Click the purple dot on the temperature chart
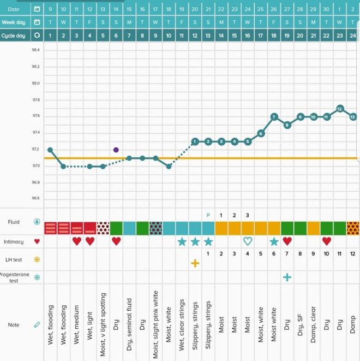tap(116, 150)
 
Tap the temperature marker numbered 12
tap(340, 108)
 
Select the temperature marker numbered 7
tap(274, 116)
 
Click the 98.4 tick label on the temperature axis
tap(35, 50)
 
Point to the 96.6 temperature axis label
tap(35, 199)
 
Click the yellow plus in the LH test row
tap(195, 263)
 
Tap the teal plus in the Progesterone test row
tap(287, 277)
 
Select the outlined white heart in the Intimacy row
tap(248, 241)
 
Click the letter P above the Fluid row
tap(208, 215)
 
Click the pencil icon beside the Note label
tap(37, 325)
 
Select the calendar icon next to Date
tap(37, 9)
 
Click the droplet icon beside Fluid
tap(37, 222)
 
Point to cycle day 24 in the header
tap(353, 35)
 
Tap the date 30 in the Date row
tap(326, 9)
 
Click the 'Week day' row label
tap(14, 22)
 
